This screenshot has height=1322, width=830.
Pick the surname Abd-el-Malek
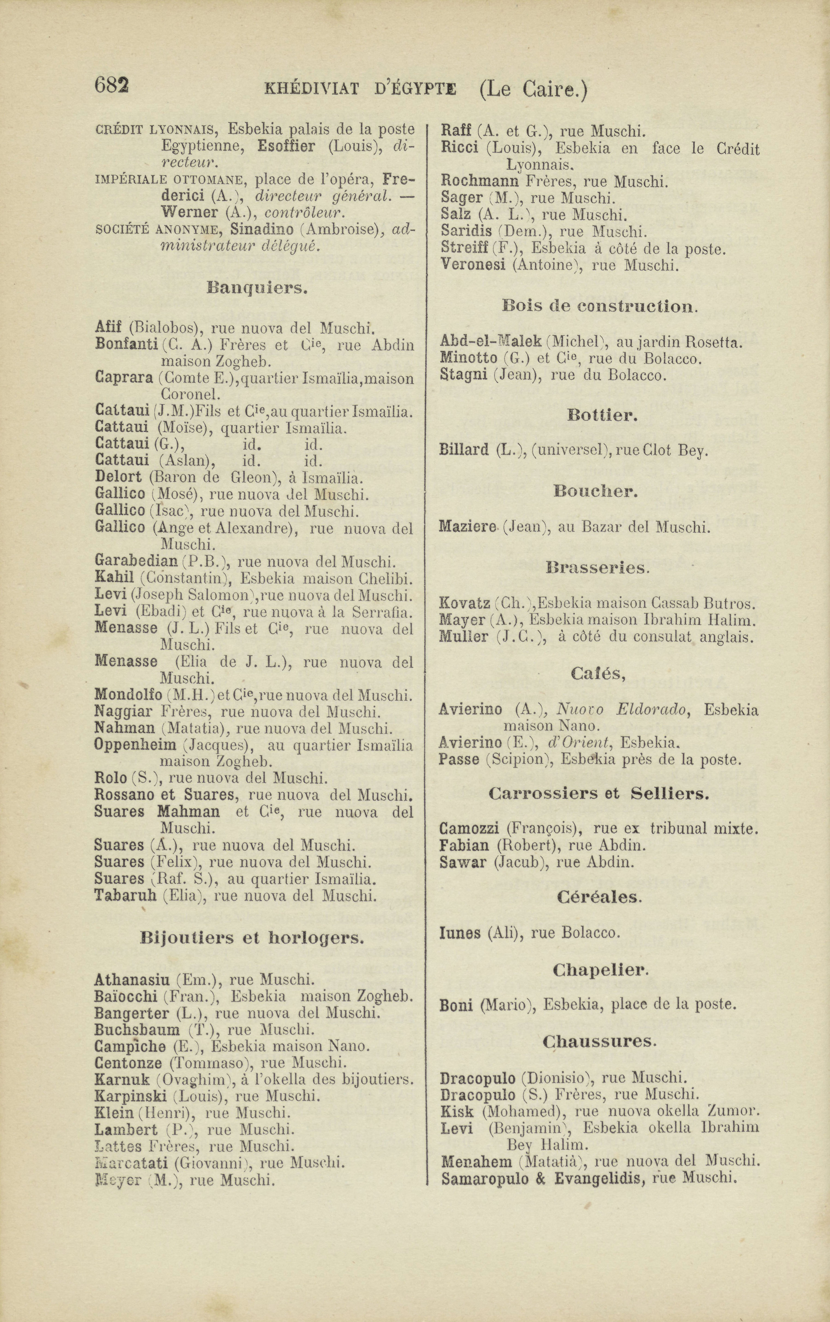pyautogui.click(x=490, y=342)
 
